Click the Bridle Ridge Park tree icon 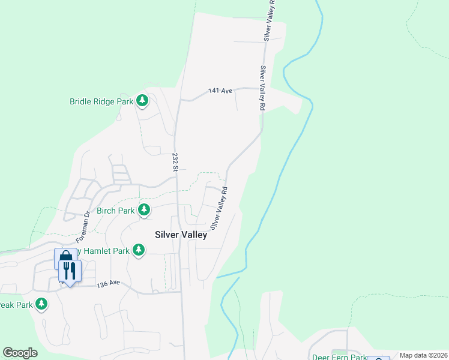pos(142,101)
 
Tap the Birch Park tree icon pos(144,210)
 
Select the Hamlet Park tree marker pos(139,250)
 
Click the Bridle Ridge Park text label pos(101,101)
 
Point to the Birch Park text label pos(116,211)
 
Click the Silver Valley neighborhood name pos(181,235)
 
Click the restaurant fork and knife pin pos(70,272)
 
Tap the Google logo pos(20,353)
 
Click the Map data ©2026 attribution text pos(423,355)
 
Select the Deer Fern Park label pos(339,357)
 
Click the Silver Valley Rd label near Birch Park pos(218,208)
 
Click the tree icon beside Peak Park pos(41,304)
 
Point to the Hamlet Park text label pos(106,250)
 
